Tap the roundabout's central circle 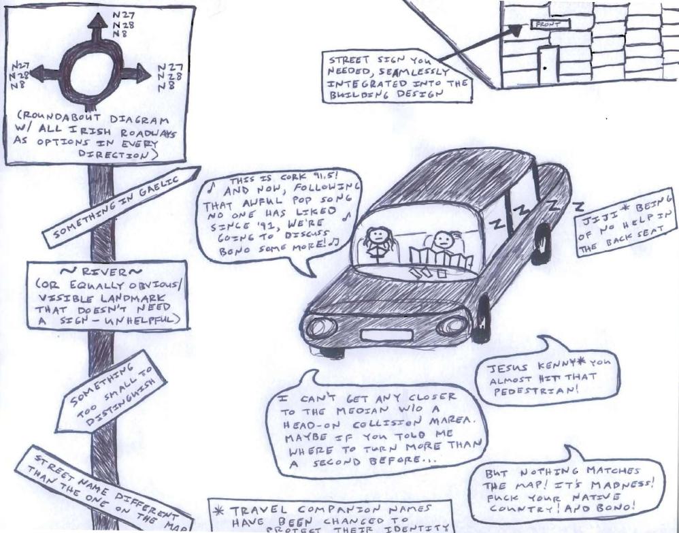coord(97,71)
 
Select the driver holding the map coord(442,243)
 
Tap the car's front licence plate coord(386,334)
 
